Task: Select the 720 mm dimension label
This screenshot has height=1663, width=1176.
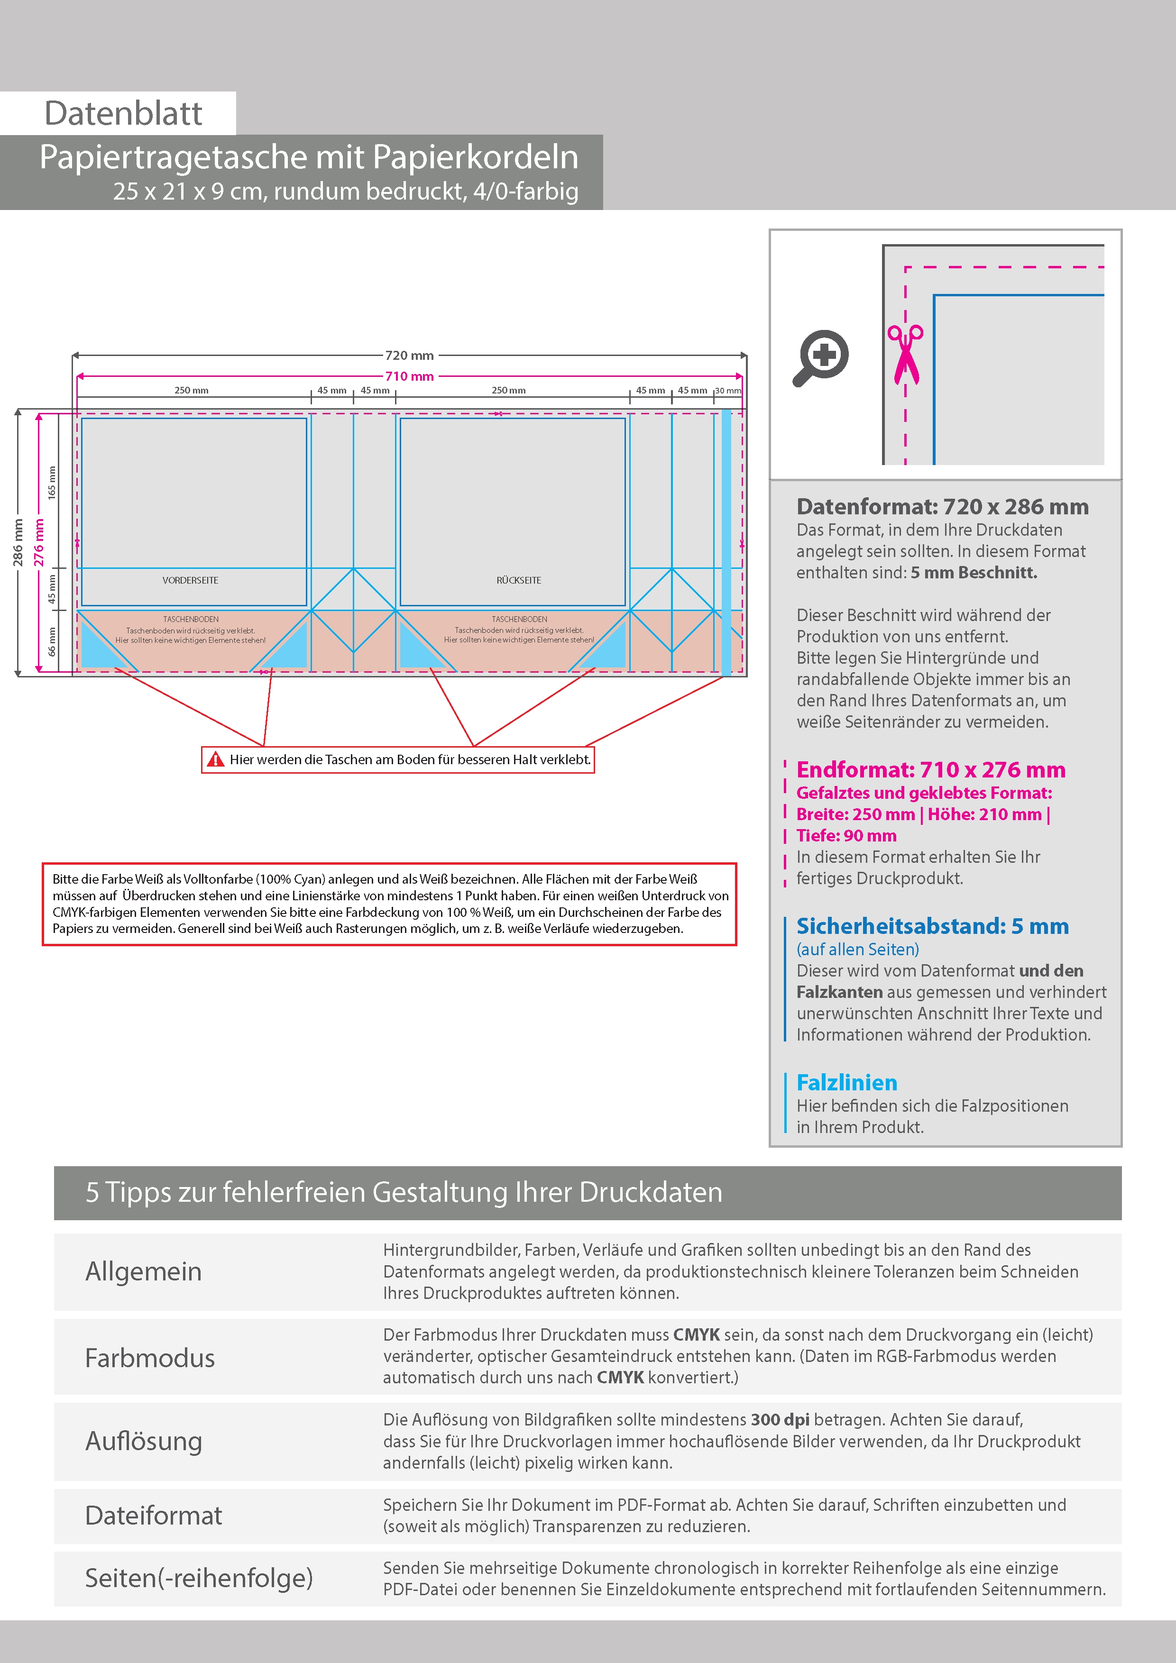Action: pyautogui.click(x=409, y=356)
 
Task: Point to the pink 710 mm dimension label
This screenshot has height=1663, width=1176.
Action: pyautogui.click(x=409, y=376)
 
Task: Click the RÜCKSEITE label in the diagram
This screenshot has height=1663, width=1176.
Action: pyautogui.click(x=519, y=580)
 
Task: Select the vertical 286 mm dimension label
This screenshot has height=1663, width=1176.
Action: pyautogui.click(x=18, y=542)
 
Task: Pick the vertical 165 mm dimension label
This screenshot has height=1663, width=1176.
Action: pyautogui.click(x=51, y=482)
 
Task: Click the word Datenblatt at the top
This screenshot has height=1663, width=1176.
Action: pyautogui.click(x=123, y=113)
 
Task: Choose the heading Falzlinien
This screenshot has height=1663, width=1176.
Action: pyautogui.click(x=846, y=1083)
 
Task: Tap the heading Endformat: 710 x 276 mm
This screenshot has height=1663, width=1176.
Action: pyautogui.click(x=930, y=769)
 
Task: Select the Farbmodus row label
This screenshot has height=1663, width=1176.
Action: pyautogui.click(x=150, y=1358)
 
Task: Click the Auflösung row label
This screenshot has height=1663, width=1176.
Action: pyautogui.click(x=144, y=1441)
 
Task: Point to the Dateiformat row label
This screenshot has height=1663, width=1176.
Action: pyautogui.click(x=154, y=1515)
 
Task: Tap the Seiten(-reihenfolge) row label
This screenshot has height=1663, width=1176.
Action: pyautogui.click(x=199, y=1578)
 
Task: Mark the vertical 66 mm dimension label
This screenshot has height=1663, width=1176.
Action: pyautogui.click(x=51, y=642)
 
